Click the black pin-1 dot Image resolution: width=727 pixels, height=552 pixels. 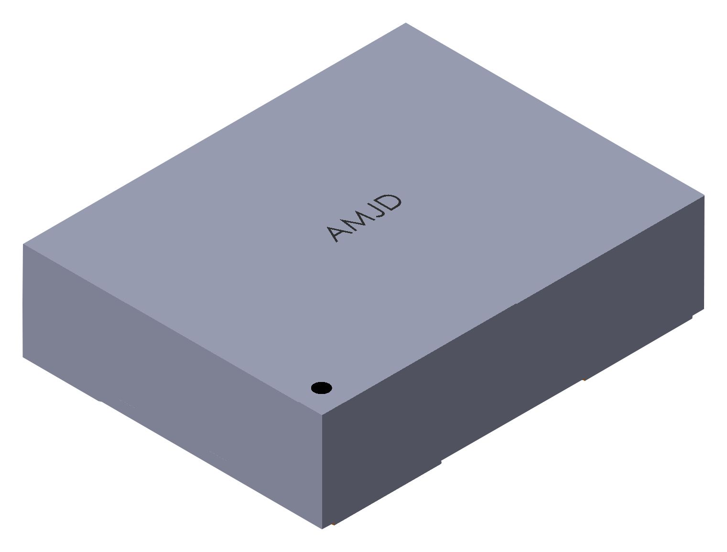[x=321, y=388]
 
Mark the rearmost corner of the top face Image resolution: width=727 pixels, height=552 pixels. [x=405, y=23]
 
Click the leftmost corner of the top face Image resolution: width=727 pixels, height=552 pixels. [x=23, y=244]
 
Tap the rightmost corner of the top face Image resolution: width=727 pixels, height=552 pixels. [x=704, y=195]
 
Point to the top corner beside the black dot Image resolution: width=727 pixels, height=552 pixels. [x=322, y=414]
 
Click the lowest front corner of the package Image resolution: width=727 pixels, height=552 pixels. [x=322, y=528]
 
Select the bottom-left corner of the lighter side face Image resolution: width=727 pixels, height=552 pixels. [x=23, y=356]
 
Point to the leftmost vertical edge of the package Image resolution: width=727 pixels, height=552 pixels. [x=23, y=301]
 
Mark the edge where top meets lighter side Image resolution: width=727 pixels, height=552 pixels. [x=172, y=329]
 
